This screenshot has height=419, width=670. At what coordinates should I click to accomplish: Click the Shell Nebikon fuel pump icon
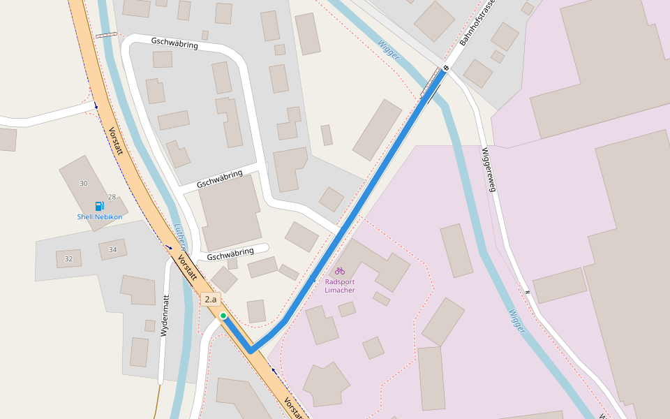click(x=99, y=206)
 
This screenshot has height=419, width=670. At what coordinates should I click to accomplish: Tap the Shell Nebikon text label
click(x=99, y=216)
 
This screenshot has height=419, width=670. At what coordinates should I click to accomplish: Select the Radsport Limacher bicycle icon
click(x=340, y=270)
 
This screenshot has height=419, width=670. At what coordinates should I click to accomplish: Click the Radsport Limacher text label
click(x=340, y=286)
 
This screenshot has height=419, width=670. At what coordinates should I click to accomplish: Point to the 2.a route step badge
click(x=210, y=300)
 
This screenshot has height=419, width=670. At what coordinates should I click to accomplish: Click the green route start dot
click(x=223, y=316)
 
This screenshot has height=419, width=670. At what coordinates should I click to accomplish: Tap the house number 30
click(x=84, y=184)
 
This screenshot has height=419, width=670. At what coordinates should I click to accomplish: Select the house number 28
click(x=112, y=198)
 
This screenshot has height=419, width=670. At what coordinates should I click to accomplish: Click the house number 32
click(x=68, y=259)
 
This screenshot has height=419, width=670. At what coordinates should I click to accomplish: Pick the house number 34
click(x=112, y=249)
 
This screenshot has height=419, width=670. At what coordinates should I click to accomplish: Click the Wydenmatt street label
click(x=165, y=316)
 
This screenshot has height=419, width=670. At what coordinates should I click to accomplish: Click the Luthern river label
click(x=179, y=237)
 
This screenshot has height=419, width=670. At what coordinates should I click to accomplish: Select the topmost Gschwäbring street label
click(x=174, y=43)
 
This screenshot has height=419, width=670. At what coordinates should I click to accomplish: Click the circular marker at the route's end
click(x=445, y=68)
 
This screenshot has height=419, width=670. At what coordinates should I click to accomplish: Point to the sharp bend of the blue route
click(x=251, y=350)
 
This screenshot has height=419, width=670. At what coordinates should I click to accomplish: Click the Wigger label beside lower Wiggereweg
click(x=516, y=320)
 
